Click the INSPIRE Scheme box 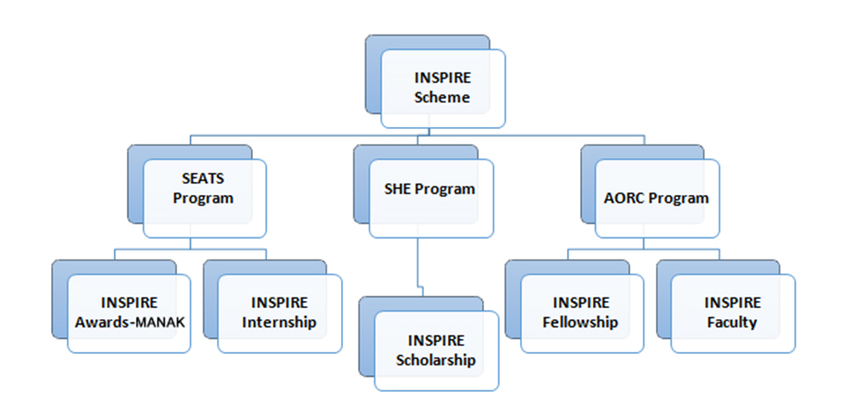[x=443, y=87]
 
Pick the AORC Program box [x=657, y=198]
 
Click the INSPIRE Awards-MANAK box [x=129, y=313]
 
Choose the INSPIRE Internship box [x=279, y=313]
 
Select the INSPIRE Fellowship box [x=581, y=313]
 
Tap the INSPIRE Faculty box [x=732, y=313]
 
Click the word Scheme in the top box [x=443, y=97]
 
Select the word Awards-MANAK [x=129, y=322]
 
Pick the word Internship [x=279, y=322]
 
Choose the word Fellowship [x=581, y=322]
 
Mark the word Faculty [x=732, y=322]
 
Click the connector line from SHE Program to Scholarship [x=417, y=265]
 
